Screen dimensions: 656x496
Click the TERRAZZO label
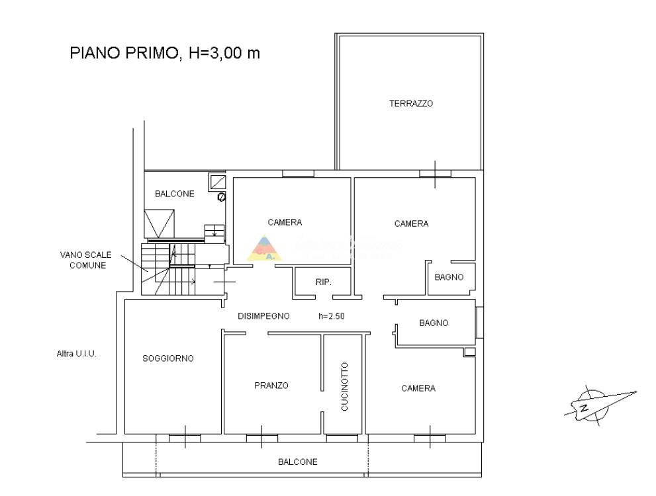411,103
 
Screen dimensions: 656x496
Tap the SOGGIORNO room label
168,358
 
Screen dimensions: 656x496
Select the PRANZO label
271,386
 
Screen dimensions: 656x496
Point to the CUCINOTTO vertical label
344,386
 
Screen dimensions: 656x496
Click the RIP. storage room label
324,282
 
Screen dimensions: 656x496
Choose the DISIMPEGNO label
263,316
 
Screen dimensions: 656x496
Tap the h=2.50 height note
332,316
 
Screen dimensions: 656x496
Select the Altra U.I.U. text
77,354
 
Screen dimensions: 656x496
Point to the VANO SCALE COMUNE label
86,260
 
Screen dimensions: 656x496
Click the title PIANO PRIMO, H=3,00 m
165,53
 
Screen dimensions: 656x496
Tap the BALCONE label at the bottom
298,462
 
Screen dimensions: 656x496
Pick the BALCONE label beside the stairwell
175,194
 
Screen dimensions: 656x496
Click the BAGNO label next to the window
434,323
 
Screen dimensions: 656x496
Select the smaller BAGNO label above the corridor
449,276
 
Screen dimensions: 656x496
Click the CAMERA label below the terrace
411,224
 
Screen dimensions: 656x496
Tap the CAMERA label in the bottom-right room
418,388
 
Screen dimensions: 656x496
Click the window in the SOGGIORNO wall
185,438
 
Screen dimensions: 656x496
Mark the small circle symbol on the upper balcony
222,197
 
